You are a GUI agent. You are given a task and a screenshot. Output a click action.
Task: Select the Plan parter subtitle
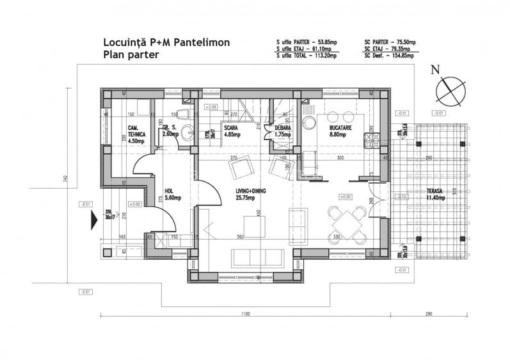(x=131, y=55)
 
